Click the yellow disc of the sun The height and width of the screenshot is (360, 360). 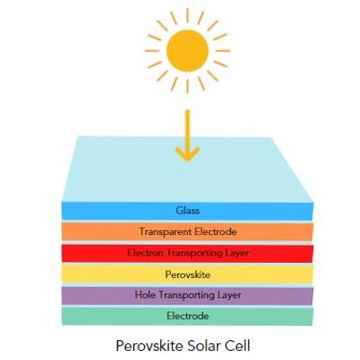pos(187,50)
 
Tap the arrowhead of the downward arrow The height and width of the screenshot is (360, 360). pos(187,154)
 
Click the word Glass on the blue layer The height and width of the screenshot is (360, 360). pos(188,211)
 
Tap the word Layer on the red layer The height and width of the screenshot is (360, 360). pos(237,253)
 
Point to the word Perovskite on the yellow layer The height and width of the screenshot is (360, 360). pos(188,274)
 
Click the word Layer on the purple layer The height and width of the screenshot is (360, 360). pos(229,295)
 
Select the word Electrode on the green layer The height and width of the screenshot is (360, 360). pos(188,316)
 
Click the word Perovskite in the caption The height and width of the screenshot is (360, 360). pos(149,346)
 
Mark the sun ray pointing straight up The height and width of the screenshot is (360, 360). pos(187,15)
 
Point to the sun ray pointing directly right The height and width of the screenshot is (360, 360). pos(223,50)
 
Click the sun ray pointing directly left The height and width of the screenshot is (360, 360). pos(152,50)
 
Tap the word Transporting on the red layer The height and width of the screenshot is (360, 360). pos(194,253)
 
